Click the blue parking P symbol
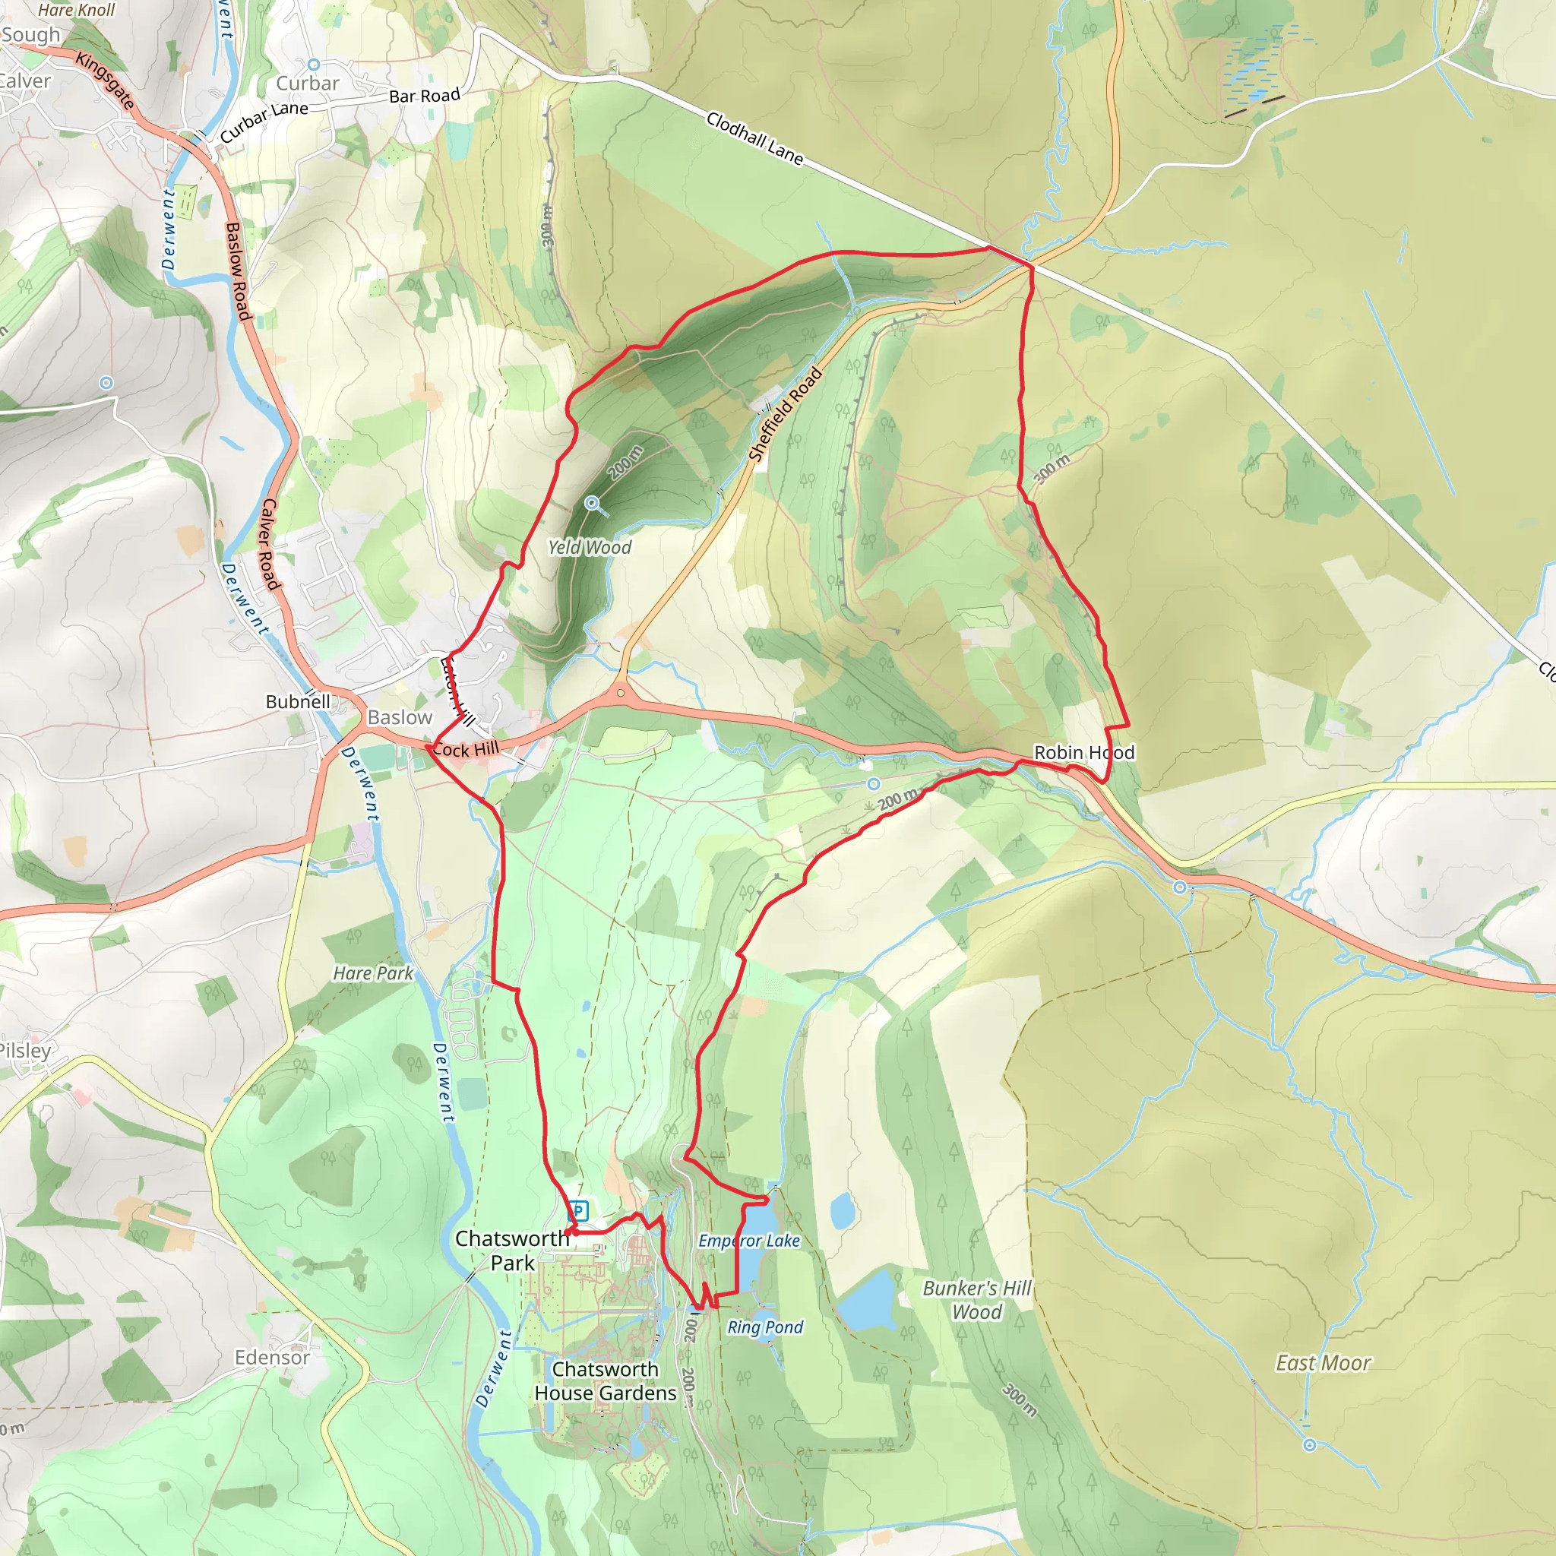pos(577,1210)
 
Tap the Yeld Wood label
pos(590,548)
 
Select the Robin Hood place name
pos(1084,752)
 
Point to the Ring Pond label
pos(765,1327)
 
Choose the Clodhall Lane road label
pos(754,138)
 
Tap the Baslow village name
pos(400,717)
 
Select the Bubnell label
pos(298,701)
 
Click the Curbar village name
pos(308,84)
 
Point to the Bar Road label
pos(425,96)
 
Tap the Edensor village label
pos(272,1357)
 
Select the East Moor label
pos(1323,1363)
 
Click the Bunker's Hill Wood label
pos(977,1300)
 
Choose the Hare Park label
pos(373,974)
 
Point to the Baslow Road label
pos(239,271)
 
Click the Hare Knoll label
pos(77,11)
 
